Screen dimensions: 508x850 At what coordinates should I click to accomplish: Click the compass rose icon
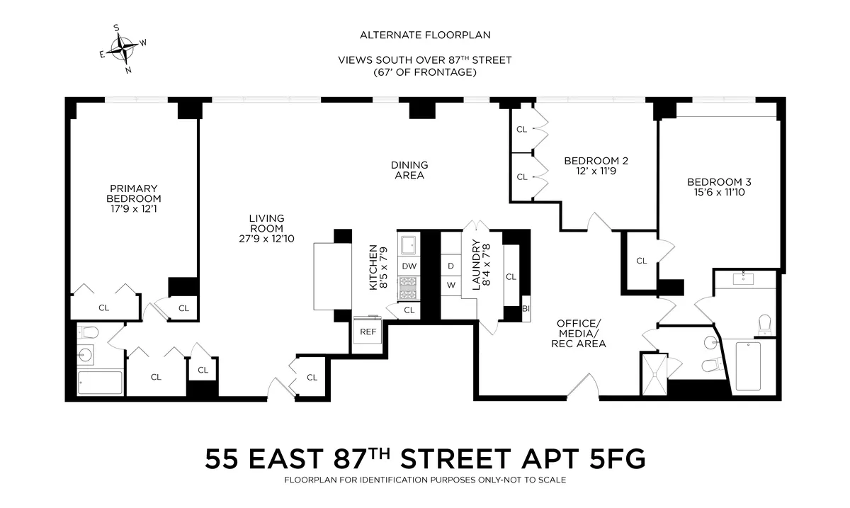click(125, 49)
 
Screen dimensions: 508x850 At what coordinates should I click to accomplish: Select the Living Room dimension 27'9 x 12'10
click(266, 239)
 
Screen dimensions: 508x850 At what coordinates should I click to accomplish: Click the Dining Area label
click(409, 170)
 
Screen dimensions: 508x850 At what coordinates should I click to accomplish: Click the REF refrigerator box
click(368, 331)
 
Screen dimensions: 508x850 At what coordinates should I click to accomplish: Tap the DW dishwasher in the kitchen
click(409, 266)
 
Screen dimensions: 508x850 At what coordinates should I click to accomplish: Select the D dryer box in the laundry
click(450, 266)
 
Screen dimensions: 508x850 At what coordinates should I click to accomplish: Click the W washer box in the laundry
click(450, 286)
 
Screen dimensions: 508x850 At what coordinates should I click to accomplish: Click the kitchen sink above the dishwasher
click(409, 244)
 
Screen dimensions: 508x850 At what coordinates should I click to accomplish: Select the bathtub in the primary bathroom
click(100, 383)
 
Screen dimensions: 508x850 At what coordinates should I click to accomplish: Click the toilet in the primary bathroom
click(89, 332)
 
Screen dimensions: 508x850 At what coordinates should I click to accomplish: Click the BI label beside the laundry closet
click(526, 308)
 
